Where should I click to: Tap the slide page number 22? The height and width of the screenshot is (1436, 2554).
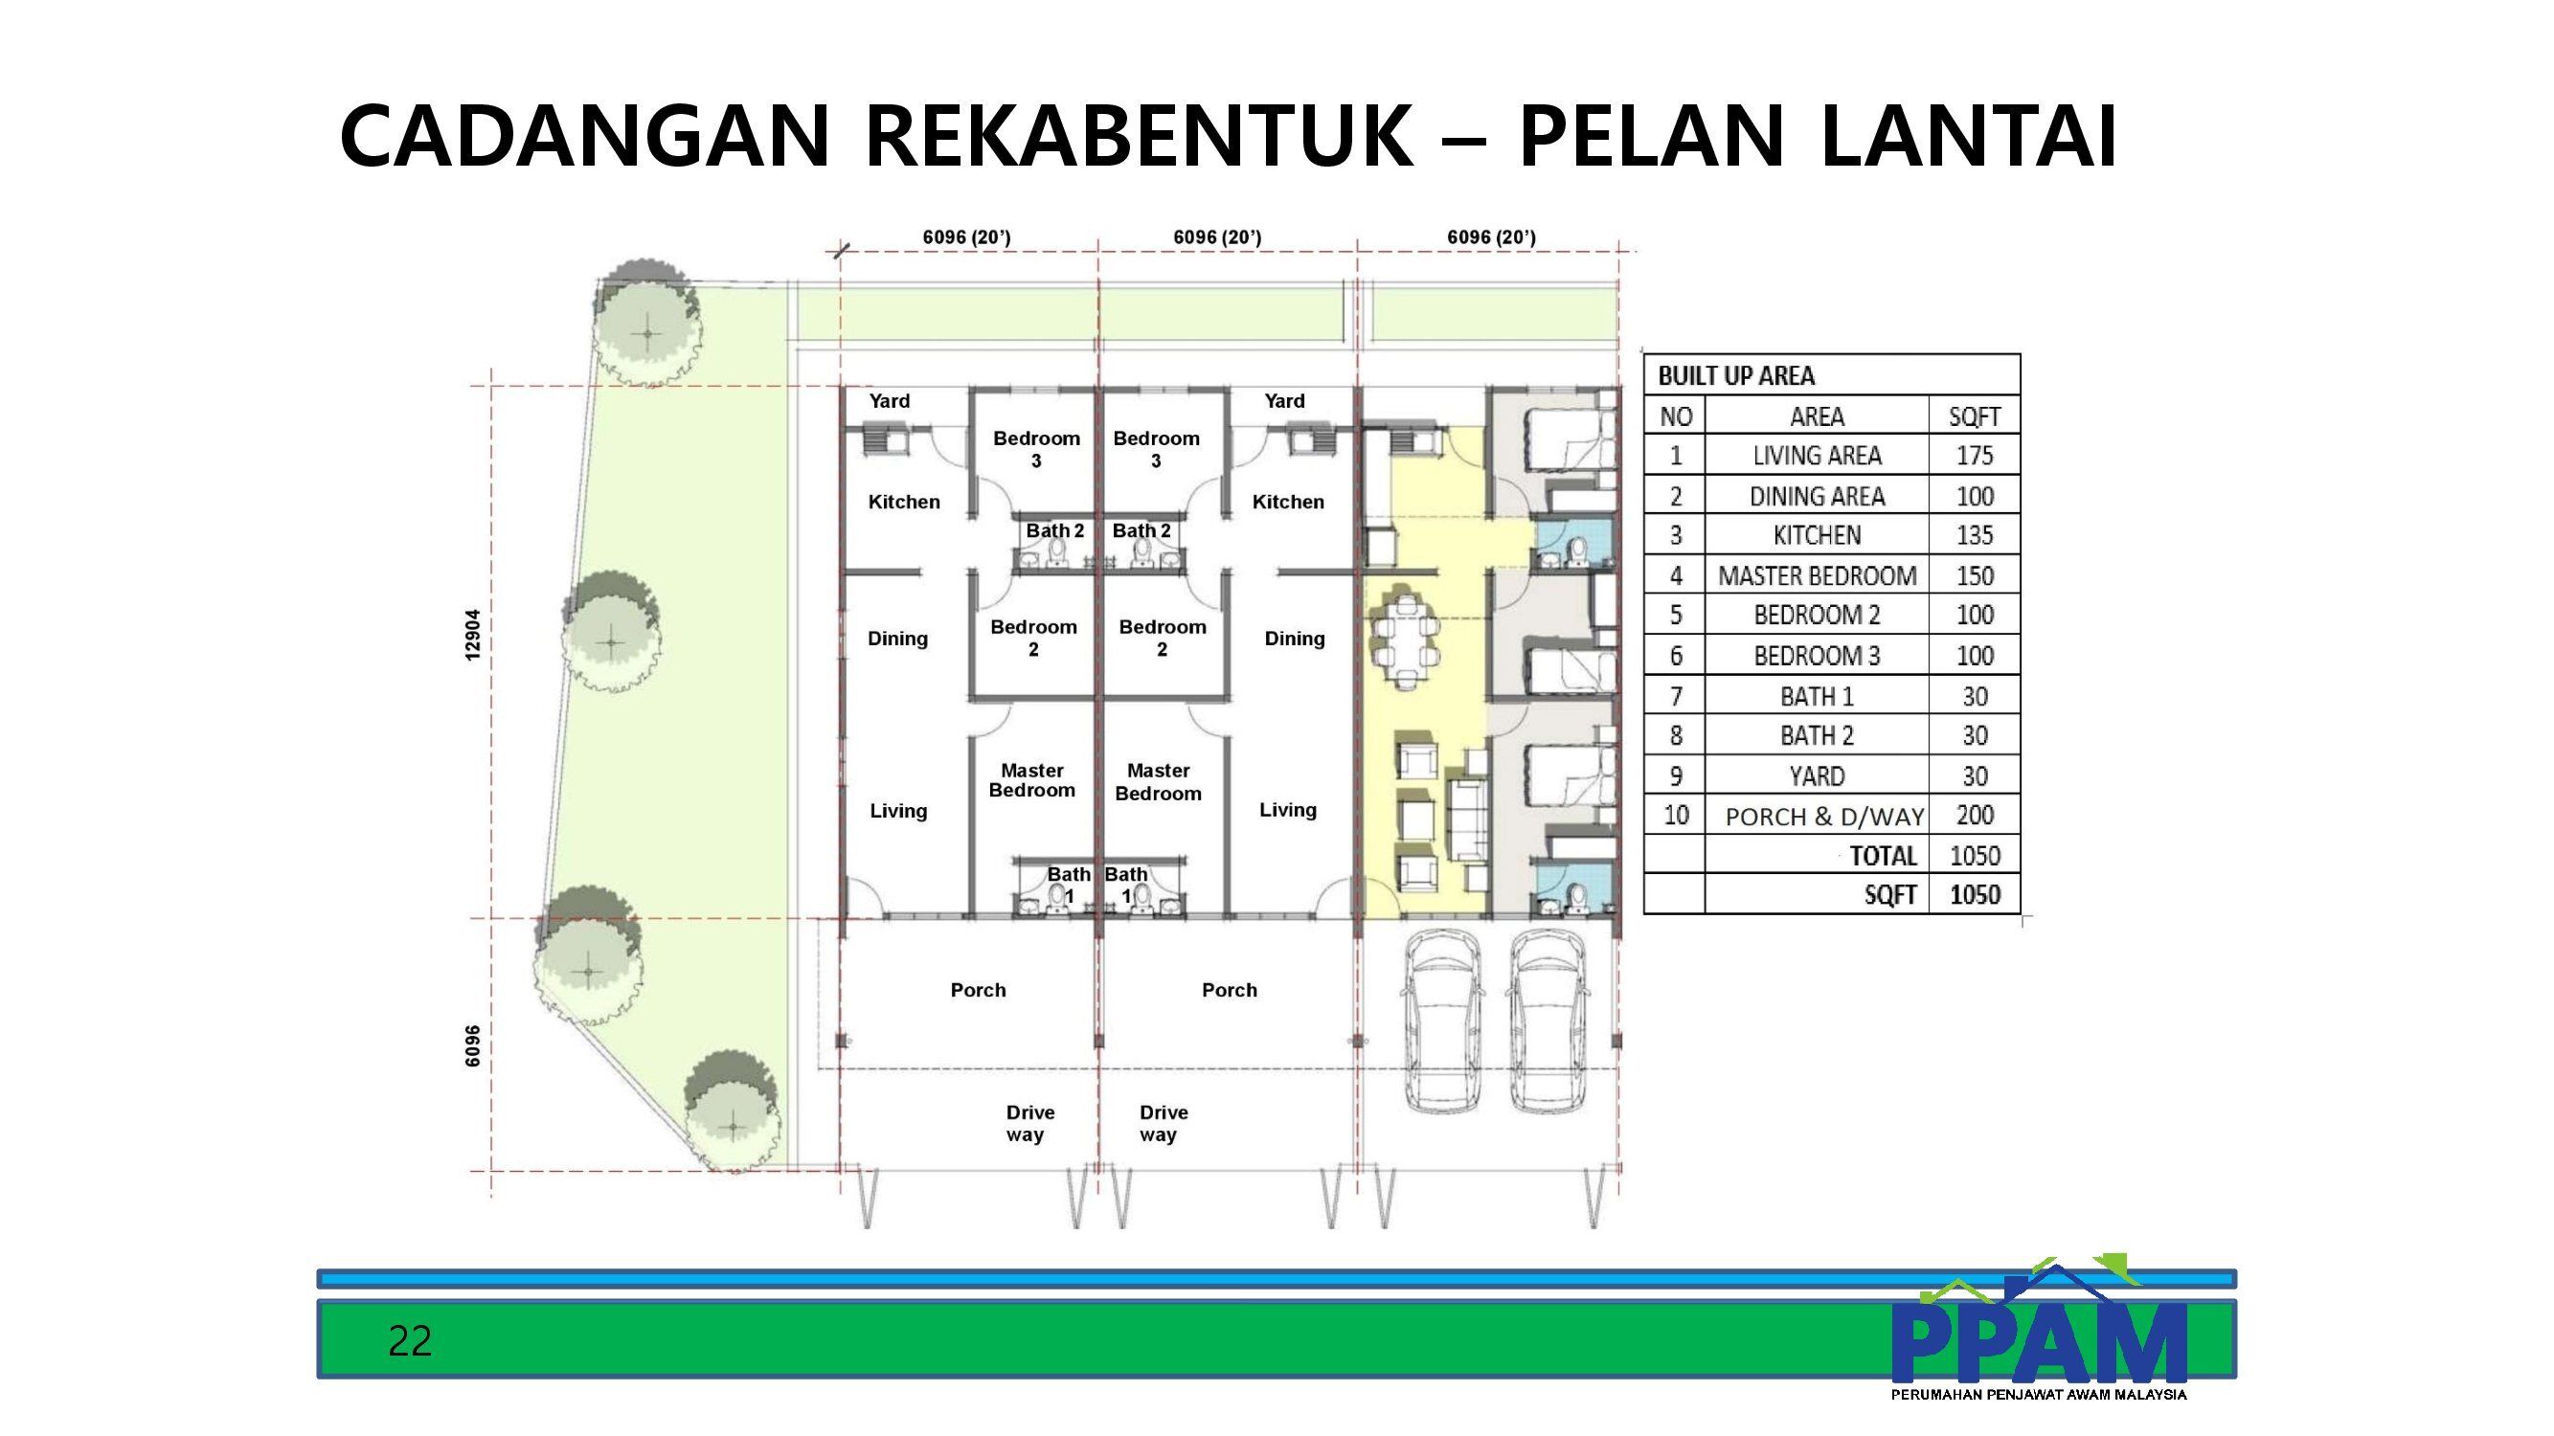(x=410, y=1341)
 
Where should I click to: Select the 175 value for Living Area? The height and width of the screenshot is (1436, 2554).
(x=1974, y=456)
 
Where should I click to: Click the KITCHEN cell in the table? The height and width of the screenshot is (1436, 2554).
(x=1817, y=536)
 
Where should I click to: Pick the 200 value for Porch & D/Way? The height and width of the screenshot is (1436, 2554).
(x=1974, y=816)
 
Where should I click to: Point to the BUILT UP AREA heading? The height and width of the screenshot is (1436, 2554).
(x=1736, y=375)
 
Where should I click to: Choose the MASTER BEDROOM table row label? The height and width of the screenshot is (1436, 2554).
(x=1817, y=575)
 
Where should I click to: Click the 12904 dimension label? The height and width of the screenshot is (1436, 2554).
(x=473, y=635)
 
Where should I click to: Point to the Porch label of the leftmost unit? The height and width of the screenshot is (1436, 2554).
(x=978, y=990)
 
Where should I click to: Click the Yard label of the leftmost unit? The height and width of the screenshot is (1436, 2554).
(x=890, y=401)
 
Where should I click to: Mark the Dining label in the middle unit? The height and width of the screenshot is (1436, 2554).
(x=1295, y=639)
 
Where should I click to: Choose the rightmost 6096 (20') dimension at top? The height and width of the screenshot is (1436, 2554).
(x=1491, y=236)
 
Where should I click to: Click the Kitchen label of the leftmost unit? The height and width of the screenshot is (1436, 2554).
(x=904, y=503)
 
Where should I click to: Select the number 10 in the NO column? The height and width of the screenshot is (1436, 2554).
(x=1676, y=815)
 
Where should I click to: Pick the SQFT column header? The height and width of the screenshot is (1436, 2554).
(x=1974, y=417)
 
